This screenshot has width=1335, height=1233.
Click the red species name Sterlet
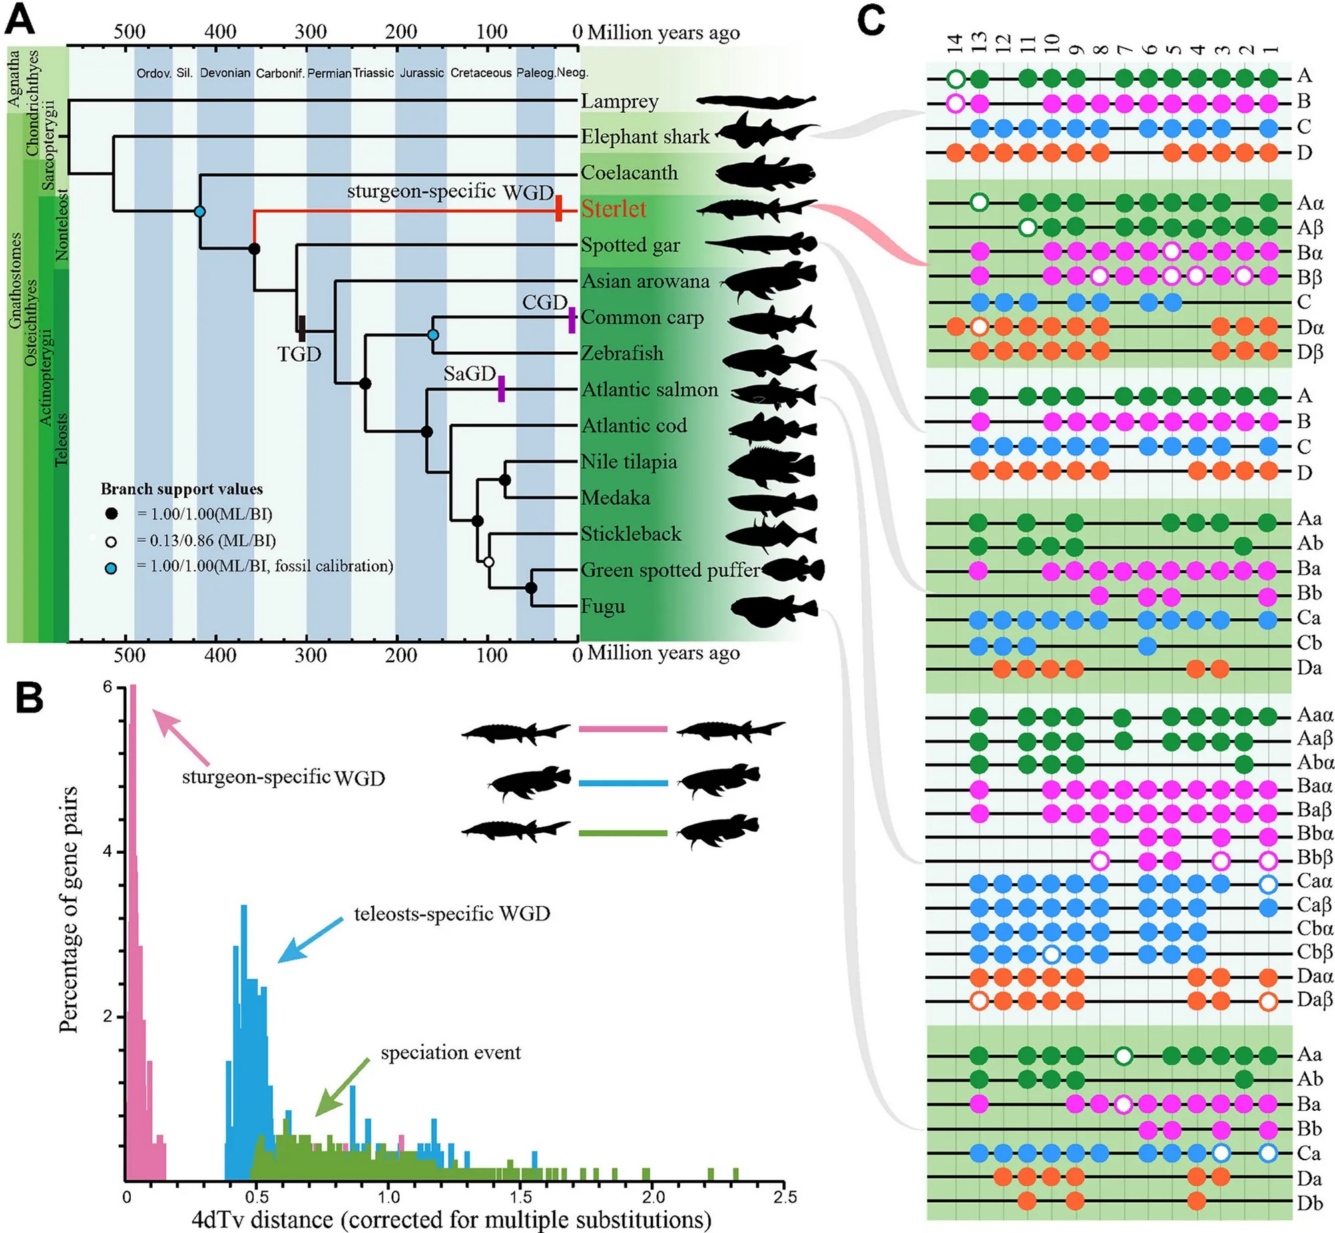(x=613, y=209)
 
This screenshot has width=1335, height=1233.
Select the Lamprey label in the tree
(x=619, y=101)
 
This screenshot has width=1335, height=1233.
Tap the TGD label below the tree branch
(x=299, y=354)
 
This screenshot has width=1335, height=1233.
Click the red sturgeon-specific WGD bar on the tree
(x=559, y=208)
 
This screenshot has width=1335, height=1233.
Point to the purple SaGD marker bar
(x=501, y=389)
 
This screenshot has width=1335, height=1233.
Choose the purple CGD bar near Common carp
(x=572, y=320)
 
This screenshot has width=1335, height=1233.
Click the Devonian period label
(x=225, y=73)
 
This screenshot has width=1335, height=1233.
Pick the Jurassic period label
(x=422, y=73)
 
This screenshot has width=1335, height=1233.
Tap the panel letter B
(x=29, y=699)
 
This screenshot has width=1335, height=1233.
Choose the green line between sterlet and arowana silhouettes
(x=623, y=833)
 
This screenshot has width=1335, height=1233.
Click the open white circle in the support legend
(x=111, y=541)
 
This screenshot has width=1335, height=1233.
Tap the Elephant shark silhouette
(x=768, y=131)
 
